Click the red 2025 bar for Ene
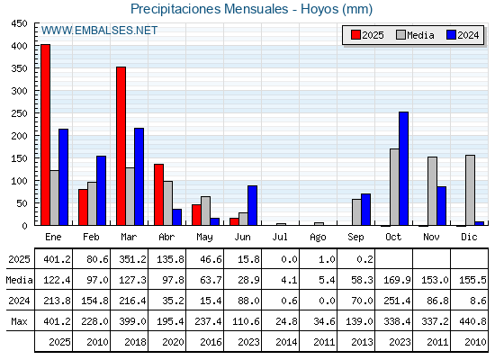click(45, 135)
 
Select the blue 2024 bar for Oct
click(404, 168)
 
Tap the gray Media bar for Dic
click(470, 190)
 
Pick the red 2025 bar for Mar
click(121, 146)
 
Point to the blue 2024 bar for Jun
click(252, 205)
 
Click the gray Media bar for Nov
click(432, 191)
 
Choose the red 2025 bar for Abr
click(158, 194)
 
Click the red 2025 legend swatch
click(355, 35)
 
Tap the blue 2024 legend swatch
click(451, 35)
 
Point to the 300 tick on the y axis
click(19, 91)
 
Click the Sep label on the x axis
click(355, 238)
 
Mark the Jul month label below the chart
click(280, 238)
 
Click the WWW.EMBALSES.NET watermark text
click(99, 31)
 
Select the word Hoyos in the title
click(319, 9)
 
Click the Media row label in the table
click(19, 280)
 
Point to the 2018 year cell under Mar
click(135, 342)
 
